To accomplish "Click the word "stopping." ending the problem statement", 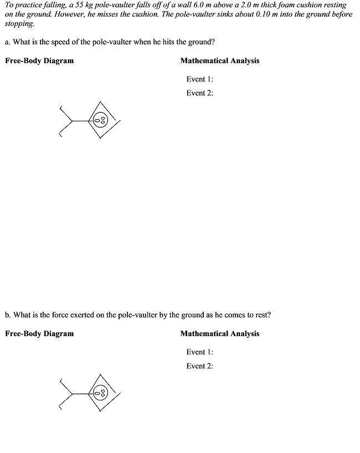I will [19, 24].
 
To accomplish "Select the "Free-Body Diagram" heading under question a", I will [39, 61].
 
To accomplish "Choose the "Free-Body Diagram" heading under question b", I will [39, 333].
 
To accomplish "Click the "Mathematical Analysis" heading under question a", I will [220, 61].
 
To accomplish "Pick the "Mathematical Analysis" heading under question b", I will [220, 333].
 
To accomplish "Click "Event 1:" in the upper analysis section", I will [200, 79].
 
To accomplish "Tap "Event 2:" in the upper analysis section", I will [200, 93].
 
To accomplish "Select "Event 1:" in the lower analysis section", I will [200, 352].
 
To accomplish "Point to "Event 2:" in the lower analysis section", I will [200, 366].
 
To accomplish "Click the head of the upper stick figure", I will [100, 120].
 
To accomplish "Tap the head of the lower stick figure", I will [100, 393].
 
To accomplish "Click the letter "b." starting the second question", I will [8, 315].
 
